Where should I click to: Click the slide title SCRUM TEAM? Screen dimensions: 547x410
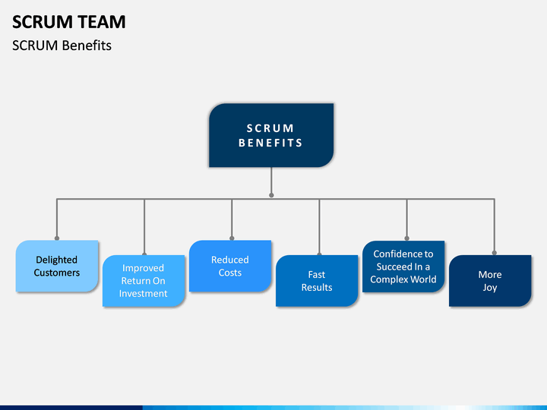pos(68,22)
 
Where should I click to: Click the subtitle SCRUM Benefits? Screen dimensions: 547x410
pos(62,46)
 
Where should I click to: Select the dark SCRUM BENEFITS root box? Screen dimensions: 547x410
pos(271,135)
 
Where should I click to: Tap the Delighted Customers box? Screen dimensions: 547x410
pos(57,266)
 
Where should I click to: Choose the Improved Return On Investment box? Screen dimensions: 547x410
pos(144,281)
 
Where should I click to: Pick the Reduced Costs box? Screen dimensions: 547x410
pos(230,266)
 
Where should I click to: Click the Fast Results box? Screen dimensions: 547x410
pos(317,281)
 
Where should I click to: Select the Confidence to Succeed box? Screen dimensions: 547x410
pos(403,266)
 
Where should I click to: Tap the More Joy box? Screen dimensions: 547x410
pos(490,281)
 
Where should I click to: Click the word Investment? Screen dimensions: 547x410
pos(143,294)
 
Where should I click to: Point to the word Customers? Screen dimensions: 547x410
pos(57,273)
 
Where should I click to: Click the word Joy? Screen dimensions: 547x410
pos(490,288)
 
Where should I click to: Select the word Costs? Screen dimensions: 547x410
pos(230,273)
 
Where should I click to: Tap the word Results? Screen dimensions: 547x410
pos(317,287)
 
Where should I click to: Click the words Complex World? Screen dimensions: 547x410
pos(403,279)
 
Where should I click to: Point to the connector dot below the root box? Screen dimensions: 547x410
pos(271,195)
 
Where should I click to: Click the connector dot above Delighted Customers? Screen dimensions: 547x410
pos(57,238)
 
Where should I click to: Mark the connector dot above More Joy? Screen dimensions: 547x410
pos(495,253)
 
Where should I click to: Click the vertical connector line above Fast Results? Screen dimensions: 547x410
pos(319,226)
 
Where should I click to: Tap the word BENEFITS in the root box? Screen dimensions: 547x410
pos(270,143)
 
